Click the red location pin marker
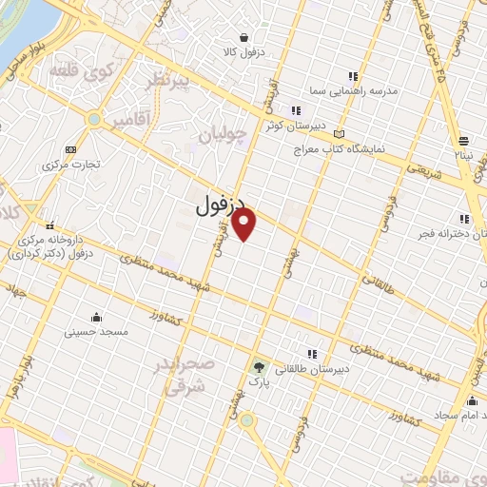245,225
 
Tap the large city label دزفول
221,205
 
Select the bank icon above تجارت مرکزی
69,149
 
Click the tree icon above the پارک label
259,366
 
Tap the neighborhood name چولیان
223,136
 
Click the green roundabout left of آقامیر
93,119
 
